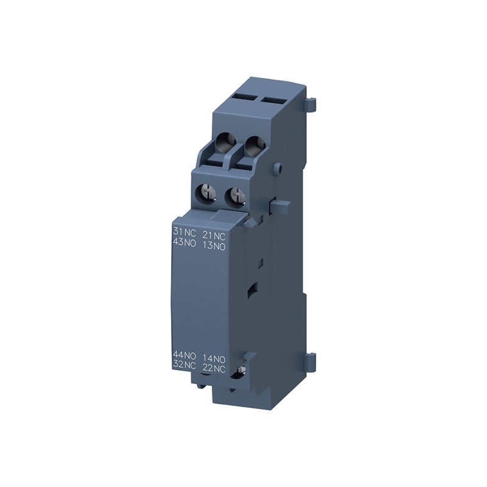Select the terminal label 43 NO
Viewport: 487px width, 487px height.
click(184, 243)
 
